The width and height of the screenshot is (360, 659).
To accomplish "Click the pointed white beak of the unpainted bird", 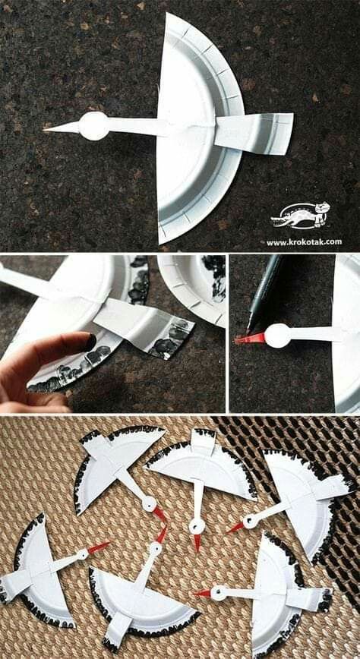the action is click(62, 128).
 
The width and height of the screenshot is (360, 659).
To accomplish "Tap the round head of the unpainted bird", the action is click(93, 126).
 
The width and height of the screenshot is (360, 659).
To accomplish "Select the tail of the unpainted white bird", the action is click(254, 131).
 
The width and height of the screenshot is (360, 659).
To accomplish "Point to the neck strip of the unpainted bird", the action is click(134, 126).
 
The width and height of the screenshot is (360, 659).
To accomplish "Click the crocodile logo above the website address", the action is click(300, 216).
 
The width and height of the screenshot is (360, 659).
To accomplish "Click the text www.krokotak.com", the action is click(304, 241).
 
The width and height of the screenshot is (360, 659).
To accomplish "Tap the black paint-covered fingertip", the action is click(89, 342).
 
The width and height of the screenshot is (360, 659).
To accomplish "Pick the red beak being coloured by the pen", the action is click(251, 339).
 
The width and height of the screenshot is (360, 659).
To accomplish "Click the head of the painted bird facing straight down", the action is click(197, 525).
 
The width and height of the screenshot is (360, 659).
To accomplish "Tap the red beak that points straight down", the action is click(197, 543).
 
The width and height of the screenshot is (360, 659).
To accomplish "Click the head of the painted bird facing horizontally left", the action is click(218, 594).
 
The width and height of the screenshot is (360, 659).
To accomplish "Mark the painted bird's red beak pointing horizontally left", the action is click(202, 593).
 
